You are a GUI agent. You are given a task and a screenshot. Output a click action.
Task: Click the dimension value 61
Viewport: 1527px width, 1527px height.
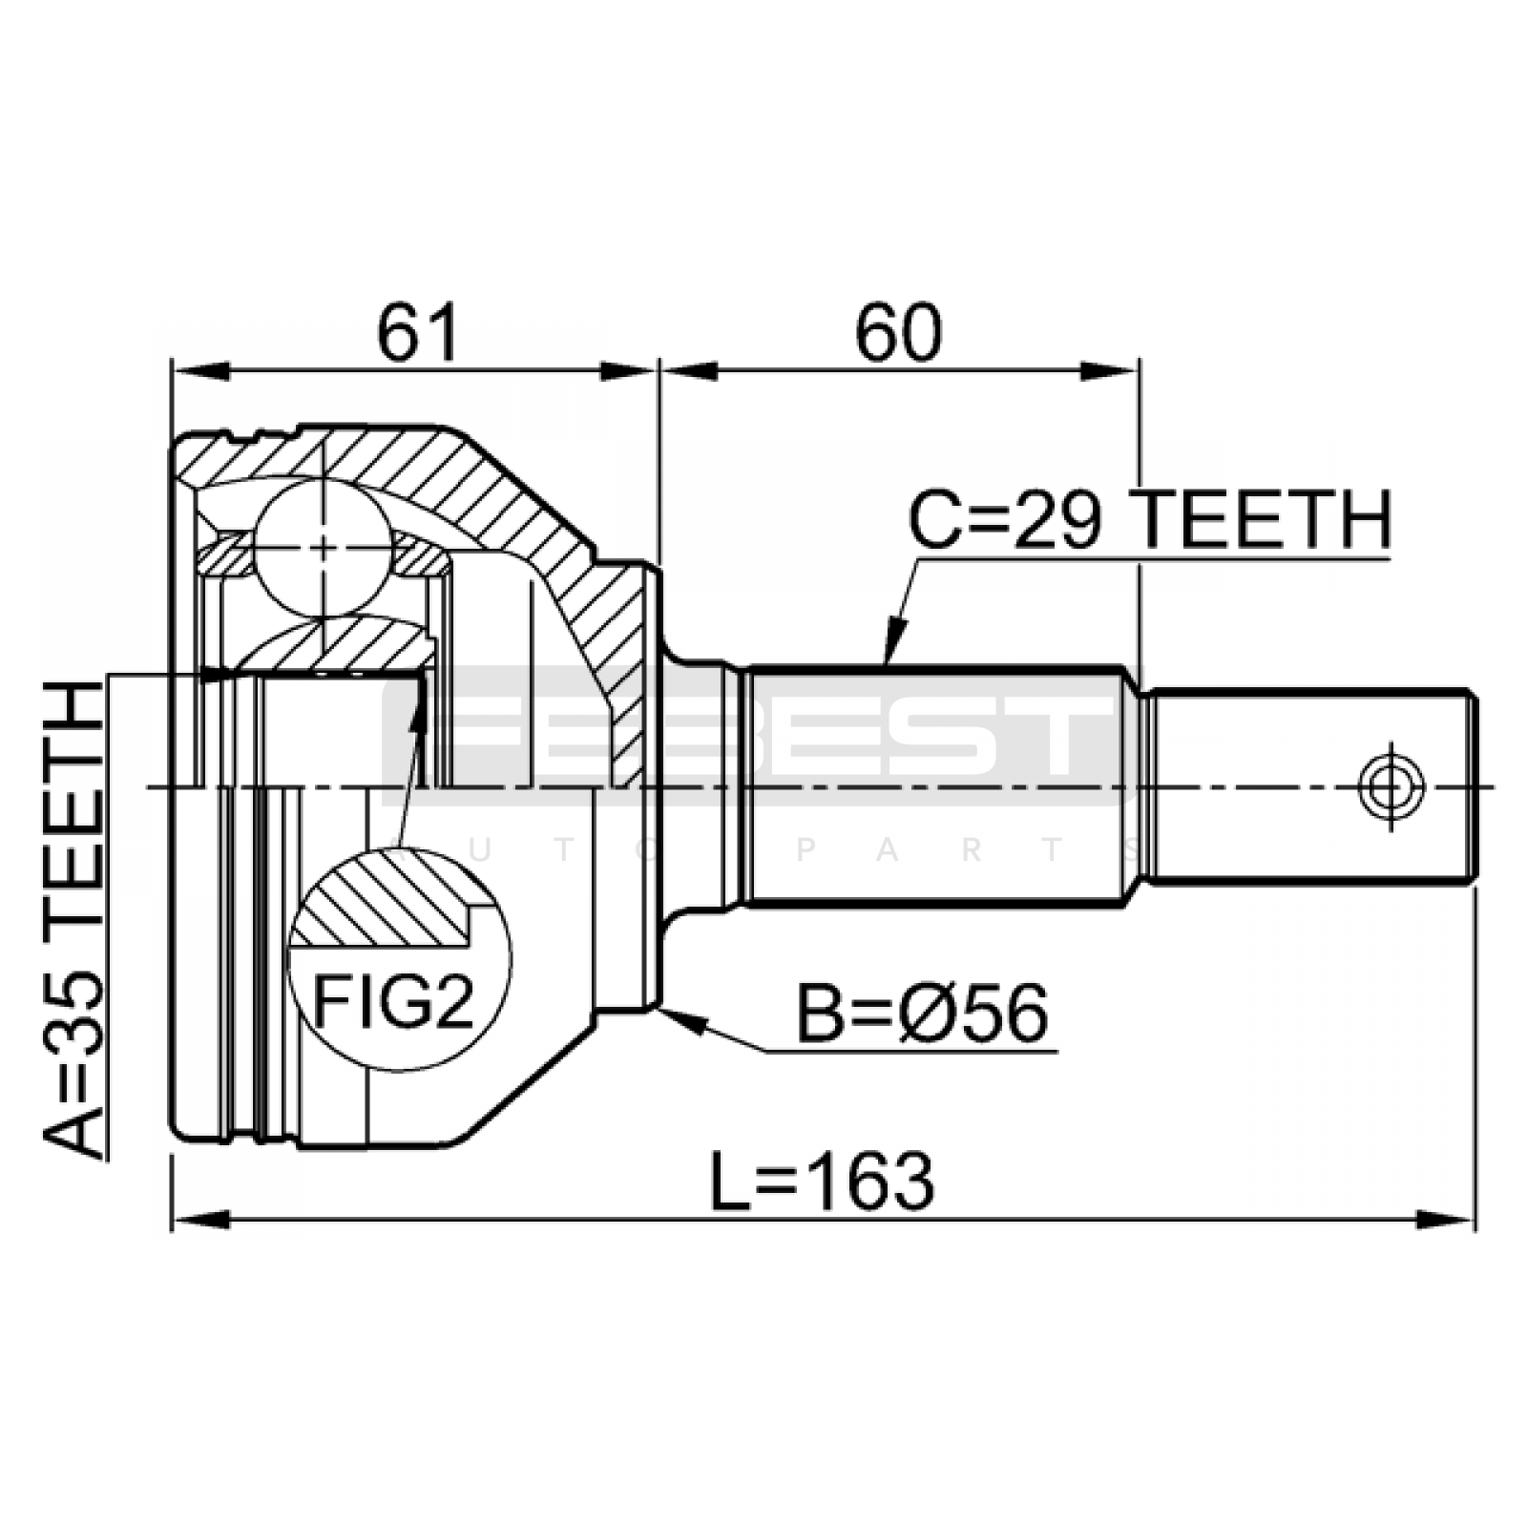click(418, 333)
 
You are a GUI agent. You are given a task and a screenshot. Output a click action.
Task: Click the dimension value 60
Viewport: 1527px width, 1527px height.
click(898, 333)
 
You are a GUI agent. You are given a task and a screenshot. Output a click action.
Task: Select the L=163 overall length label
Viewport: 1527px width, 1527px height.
click(823, 1182)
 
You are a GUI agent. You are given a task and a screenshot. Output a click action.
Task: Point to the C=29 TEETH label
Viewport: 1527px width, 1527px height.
click(1150, 520)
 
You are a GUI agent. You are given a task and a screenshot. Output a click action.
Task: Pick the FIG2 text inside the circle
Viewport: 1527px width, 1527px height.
click(393, 1001)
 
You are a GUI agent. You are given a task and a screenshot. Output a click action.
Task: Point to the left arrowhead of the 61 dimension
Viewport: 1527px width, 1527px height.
click(200, 370)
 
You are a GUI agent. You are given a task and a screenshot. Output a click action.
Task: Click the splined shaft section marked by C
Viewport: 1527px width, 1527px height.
click(935, 784)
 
